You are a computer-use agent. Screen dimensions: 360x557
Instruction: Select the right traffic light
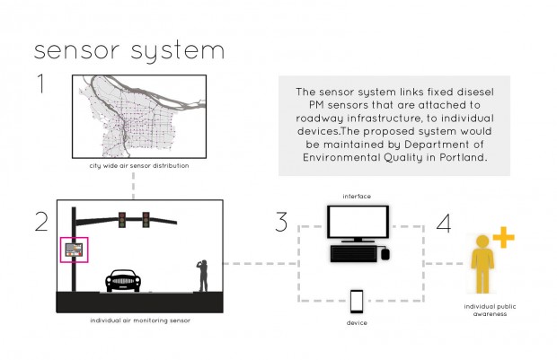coord(145,218)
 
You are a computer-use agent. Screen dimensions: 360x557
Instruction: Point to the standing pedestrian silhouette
coord(203,275)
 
